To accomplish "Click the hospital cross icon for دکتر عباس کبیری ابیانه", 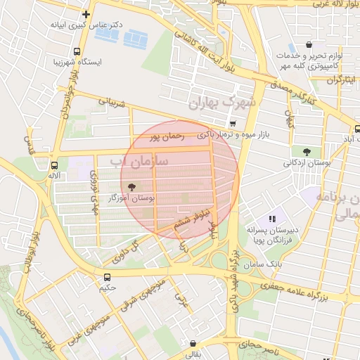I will pyautogui.click(x=86, y=14).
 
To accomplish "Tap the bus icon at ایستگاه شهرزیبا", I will pyautogui.click(x=77, y=51).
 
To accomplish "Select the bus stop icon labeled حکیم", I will pyautogui.click(x=108, y=277).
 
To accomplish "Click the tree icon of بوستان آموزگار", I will pyautogui.click(x=131, y=187).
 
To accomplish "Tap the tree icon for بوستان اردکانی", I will pyautogui.click(x=306, y=151).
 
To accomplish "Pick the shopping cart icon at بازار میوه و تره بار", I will pyautogui.click(x=233, y=124).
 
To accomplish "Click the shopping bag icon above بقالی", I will pyautogui.click(x=193, y=344).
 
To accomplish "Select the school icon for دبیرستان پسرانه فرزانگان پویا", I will pyautogui.click(x=273, y=219).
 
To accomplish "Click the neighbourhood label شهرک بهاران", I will pyautogui.click(x=224, y=103).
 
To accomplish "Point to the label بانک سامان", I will pyautogui.click(x=265, y=262).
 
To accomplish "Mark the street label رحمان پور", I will pyautogui.click(x=167, y=135).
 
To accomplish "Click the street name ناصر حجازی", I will pyautogui.click(x=259, y=345).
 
